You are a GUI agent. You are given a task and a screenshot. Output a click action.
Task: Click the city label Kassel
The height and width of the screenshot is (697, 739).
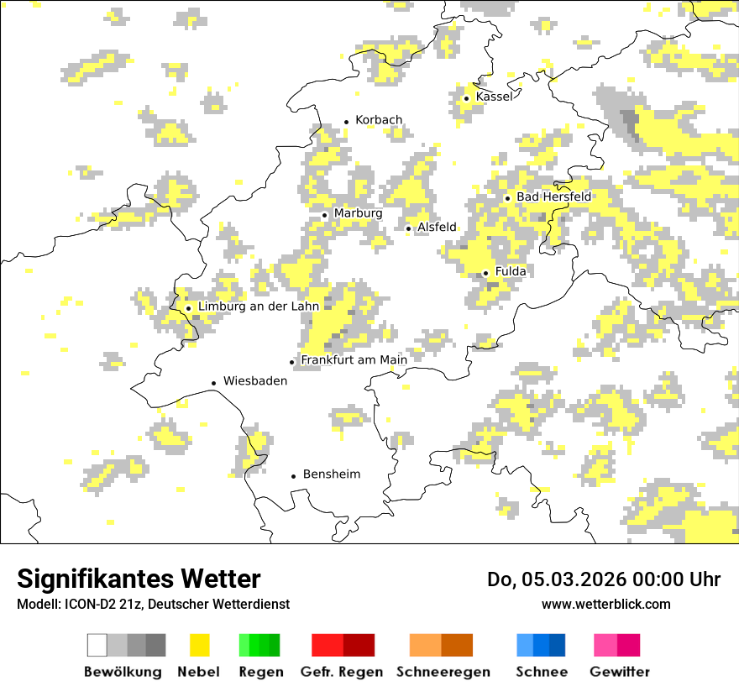point(493,97)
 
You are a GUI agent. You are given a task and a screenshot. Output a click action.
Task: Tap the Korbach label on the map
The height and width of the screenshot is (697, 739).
point(379,120)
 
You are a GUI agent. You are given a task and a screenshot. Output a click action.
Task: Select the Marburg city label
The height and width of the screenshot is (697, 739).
point(358,213)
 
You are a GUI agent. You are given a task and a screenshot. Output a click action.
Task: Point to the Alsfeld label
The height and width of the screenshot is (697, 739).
point(437,227)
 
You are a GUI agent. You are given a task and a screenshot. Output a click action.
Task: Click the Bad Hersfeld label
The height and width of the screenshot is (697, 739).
point(553,197)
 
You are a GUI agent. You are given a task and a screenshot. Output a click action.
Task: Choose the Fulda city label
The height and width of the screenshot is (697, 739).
point(511,271)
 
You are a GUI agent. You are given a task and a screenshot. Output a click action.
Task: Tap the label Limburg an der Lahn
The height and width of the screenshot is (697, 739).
point(259,307)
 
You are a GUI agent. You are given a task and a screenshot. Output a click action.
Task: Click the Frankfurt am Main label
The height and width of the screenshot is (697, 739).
point(354,360)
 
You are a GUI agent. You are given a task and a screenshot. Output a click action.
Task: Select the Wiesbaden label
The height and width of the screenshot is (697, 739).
point(255,380)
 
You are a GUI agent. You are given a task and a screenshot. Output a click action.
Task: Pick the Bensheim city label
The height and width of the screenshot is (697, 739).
point(331,474)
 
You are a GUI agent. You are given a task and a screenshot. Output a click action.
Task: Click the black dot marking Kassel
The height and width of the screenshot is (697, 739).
point(466,98)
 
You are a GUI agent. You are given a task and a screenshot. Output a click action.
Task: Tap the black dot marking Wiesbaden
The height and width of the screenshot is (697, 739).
point(213,383)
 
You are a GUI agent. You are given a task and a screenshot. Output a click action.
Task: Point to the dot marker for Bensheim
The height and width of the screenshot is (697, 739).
point(293,476)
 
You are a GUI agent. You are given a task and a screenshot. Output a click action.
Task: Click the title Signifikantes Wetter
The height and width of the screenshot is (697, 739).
point(139,579)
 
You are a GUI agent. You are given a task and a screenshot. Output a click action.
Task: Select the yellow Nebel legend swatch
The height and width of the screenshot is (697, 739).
point(199,645)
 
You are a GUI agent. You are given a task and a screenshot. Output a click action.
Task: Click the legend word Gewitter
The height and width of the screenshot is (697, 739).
point(619,672)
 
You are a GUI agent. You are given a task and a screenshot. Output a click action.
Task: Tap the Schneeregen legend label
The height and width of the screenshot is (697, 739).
point(443,672)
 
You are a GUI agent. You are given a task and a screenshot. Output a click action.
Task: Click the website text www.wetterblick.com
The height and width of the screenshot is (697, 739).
point(605,604)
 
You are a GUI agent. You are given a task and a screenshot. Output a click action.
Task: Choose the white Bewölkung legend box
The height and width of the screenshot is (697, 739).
point(97,645)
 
